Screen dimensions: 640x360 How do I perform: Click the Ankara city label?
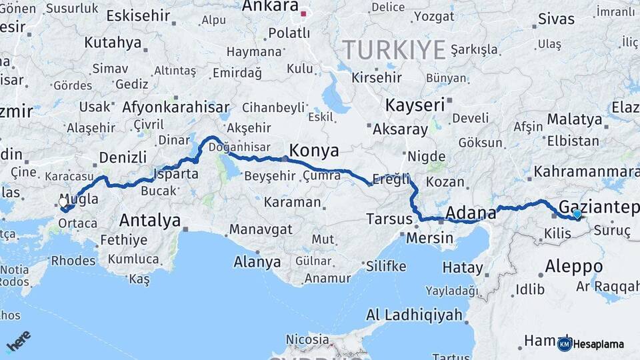[270, 7]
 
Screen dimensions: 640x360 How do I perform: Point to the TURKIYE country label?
[394, 50]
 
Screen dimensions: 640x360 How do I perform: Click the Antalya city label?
[150, 220]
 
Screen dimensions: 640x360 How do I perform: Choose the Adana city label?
[470, 213]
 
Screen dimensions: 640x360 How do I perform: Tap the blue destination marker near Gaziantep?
[577, 214]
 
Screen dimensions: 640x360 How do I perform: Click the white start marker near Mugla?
[63, 202]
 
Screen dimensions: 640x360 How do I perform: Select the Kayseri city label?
[415, 105]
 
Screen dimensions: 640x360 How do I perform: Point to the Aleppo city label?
[574, 267]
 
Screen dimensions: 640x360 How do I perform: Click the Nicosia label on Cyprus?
[307, 339]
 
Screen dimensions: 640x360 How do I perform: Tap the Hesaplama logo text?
[599, 344]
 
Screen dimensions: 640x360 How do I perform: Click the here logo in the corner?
[19, 340]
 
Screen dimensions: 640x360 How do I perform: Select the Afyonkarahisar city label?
[176, 107]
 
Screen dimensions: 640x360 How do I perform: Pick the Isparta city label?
[176, 174]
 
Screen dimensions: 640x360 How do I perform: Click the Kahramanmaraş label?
[586, 172]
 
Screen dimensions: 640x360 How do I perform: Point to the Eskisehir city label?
[139, 15]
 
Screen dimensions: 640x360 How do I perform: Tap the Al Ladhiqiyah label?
[414, 315]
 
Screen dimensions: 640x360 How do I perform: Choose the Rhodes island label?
[73, 260]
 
